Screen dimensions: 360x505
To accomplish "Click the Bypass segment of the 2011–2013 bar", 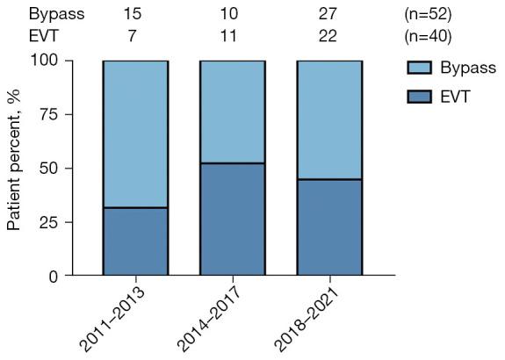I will point(135,133).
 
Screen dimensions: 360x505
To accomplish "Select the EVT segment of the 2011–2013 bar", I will point(135,241).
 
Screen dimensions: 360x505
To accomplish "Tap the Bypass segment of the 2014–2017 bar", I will point(232,112).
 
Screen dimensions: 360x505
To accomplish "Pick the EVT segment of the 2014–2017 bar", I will point(232,220).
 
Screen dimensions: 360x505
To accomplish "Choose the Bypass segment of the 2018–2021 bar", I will point(329,119).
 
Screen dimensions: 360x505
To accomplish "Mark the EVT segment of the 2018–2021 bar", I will point(329,227).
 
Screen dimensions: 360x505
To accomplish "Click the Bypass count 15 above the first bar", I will point(135,14).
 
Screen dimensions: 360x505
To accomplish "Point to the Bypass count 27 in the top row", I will point(329,14).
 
